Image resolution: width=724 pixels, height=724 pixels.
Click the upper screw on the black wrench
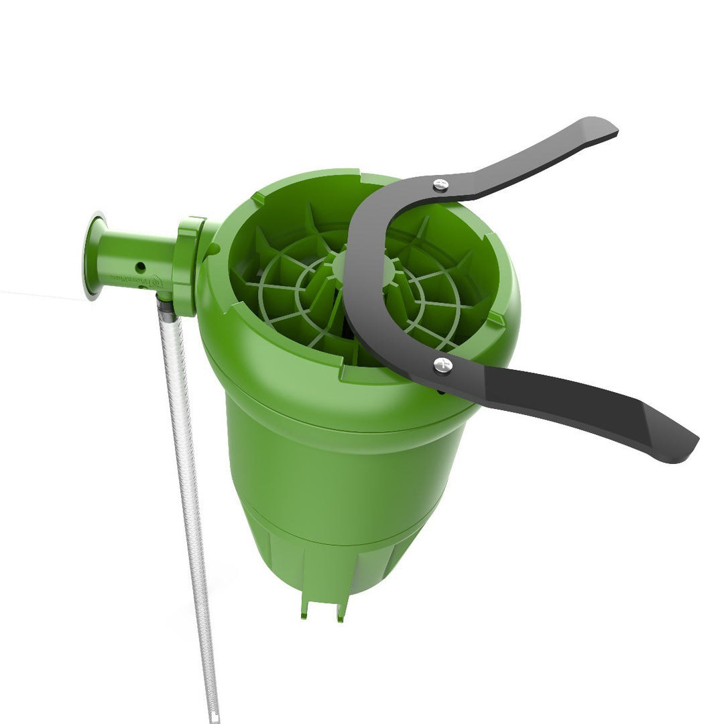point(440,184)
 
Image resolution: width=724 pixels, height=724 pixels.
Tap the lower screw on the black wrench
point(442,365)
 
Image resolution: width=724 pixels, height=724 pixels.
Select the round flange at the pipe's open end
point(93,255)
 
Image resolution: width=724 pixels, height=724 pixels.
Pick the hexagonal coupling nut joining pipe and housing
point(186,265)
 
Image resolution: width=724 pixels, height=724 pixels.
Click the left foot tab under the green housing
point(306,606)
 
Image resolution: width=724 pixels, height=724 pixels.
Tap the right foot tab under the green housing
point(341,610)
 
